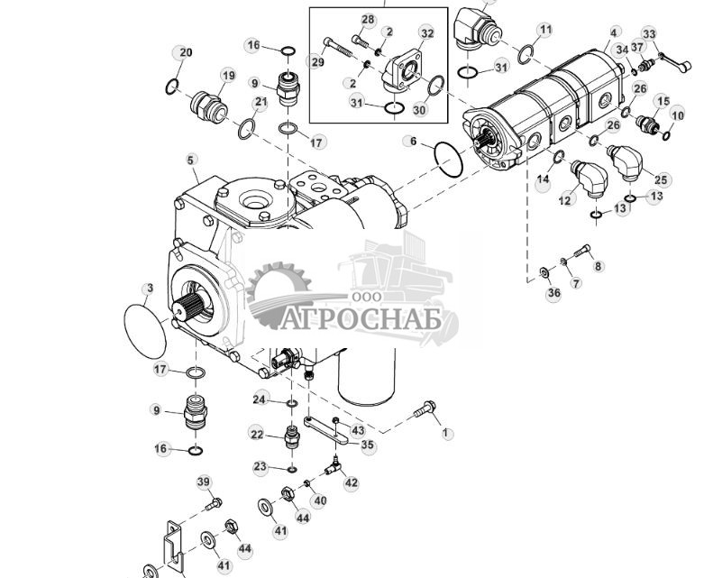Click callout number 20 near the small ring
pos(185,52)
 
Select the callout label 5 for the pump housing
pos(191,161)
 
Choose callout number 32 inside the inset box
pos(426,33)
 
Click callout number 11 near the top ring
pos(545,30)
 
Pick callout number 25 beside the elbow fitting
pos(661,179)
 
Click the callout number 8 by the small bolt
pos(599,266)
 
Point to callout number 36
pos(553,293)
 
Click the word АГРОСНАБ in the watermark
pos(372,320)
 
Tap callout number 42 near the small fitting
pos(351,482)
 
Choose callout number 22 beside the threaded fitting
pos(257,435)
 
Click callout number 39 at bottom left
pos(203,482)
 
